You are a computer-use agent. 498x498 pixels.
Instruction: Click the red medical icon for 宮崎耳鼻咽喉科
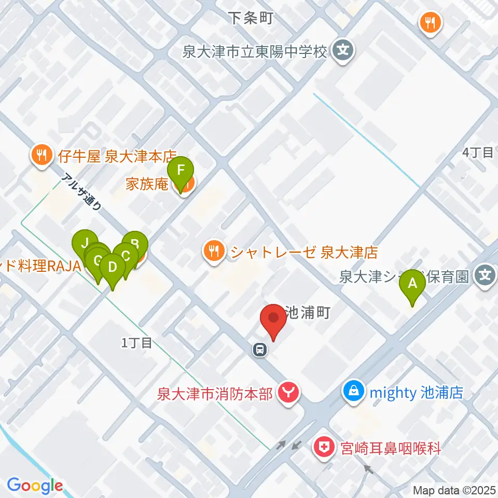[325, 448]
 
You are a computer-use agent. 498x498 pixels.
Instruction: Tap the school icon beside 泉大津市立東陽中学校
[342, 51]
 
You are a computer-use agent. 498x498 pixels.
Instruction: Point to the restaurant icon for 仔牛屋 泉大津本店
[40, 155]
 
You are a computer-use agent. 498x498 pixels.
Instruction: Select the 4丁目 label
[477, 153]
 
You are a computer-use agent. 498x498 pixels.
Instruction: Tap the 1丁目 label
[136, 342]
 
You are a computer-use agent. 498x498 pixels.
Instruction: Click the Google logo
[35, 486]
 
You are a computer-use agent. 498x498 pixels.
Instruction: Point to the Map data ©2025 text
[454, 490]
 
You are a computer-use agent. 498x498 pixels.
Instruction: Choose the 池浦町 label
[308, 313]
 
